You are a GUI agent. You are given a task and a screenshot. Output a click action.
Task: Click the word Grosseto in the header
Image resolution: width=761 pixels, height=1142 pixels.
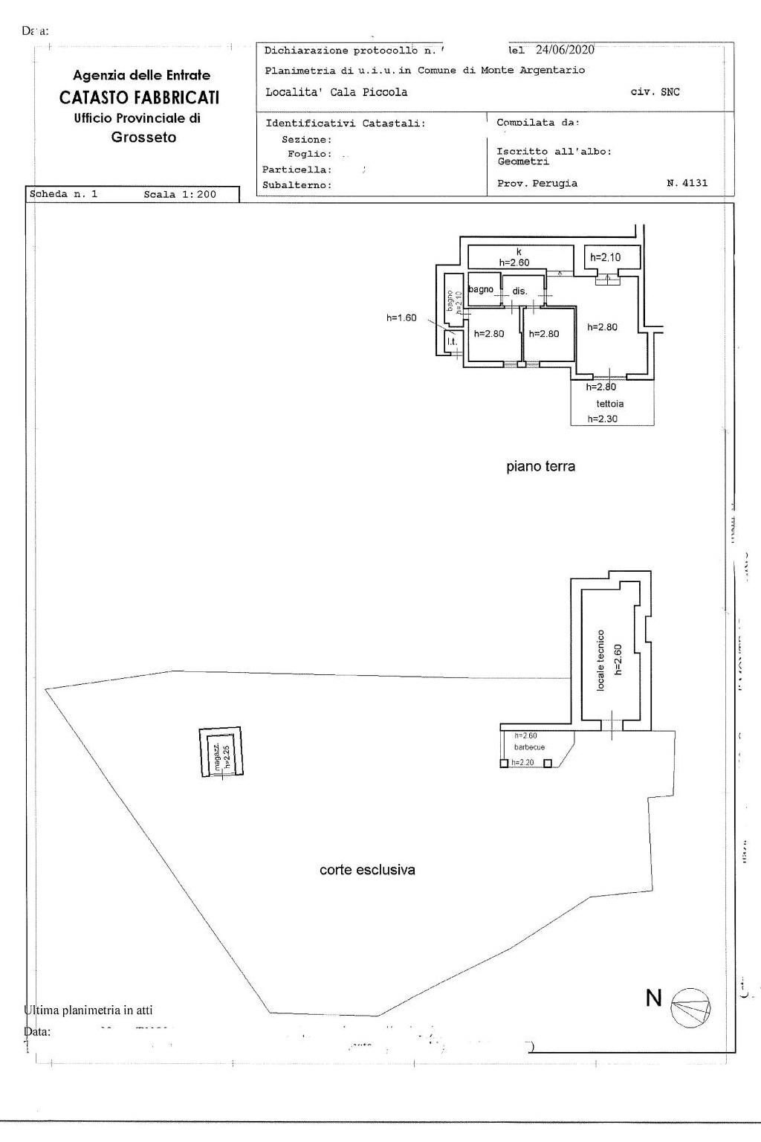point(143,138)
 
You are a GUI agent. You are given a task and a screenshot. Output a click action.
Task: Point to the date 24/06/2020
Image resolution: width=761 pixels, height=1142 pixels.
point(565,50)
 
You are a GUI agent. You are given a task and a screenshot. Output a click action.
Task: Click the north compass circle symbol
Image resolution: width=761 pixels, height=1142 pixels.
point(690,1009)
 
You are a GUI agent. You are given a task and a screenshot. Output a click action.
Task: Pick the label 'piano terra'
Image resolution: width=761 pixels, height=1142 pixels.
point(540,467)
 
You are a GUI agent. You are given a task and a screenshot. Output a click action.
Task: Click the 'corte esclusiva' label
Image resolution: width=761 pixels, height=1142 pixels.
point(367,869)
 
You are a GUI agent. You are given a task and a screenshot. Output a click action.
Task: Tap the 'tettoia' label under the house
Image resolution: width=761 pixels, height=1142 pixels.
point(610,404)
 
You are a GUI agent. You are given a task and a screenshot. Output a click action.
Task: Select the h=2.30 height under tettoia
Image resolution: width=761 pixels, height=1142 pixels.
point(603,419)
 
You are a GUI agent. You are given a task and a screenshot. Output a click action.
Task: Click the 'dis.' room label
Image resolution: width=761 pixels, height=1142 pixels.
point(519,291)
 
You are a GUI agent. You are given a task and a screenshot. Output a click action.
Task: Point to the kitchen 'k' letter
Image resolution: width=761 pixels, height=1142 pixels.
point(519,252)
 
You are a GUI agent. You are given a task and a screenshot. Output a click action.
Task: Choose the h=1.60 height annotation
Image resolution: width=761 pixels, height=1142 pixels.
point(401,318)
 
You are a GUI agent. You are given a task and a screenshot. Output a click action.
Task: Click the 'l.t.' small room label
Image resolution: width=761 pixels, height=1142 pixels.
point(451,341)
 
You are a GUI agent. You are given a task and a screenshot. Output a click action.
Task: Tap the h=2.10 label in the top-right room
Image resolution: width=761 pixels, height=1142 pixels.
point(605,258)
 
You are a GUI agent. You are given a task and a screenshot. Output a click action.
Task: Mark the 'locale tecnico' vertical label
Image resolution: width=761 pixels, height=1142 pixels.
point(601,659)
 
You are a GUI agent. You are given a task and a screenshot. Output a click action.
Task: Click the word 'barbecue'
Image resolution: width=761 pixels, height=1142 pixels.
point(530,747)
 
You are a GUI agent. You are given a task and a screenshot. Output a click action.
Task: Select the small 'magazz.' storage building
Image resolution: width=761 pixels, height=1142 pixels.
point(221,752)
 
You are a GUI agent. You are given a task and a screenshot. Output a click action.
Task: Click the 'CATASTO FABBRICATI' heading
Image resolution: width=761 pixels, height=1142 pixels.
point(139,97)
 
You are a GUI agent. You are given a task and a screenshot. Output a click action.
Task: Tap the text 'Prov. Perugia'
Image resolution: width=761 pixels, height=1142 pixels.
point(537,183)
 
